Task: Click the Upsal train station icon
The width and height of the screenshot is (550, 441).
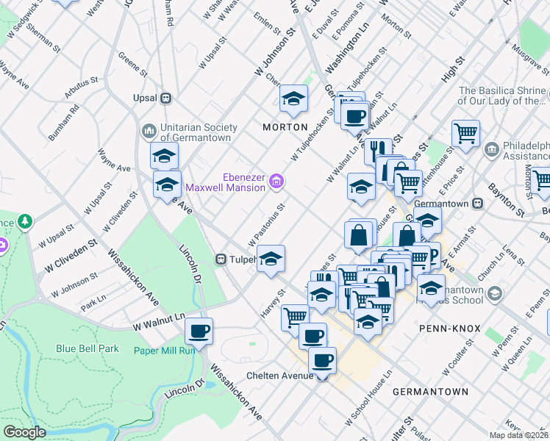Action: [x=166, y=97]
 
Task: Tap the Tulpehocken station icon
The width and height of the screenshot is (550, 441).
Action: [x=220, y=259]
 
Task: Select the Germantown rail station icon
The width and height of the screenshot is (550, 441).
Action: [x=477, y=203]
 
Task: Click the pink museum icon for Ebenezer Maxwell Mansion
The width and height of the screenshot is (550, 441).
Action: [x=276, y=181]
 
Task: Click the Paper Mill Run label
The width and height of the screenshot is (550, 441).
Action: [x=164, y=350]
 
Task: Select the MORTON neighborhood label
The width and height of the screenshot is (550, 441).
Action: [x=285, y=127]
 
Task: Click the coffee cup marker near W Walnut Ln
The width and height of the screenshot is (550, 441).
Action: [x=199, y=331]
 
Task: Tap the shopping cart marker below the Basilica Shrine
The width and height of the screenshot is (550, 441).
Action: [x=465, y=134]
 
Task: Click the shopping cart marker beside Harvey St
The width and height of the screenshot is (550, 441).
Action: [x=295, y=317]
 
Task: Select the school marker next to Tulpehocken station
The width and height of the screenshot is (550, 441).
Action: [x=271, y=259]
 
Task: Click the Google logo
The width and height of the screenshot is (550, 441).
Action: [x=24, y=431]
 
